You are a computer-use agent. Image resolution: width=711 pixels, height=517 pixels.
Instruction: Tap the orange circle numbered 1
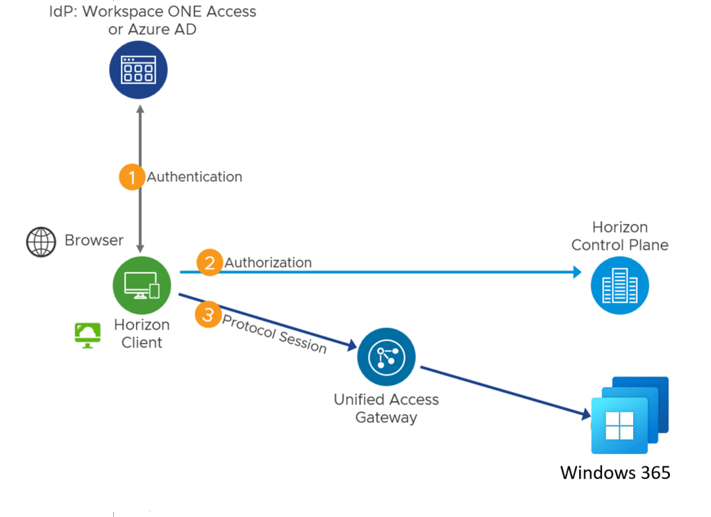click(132, 176)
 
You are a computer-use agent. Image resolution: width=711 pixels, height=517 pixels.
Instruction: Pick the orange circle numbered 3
click(208, 314)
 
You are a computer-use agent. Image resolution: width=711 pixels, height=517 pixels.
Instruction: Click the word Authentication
click(194, 177)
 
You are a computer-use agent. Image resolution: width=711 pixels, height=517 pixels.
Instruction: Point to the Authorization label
click(268, 262)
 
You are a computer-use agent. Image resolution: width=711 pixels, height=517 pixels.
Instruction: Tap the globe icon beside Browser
click(41, 242)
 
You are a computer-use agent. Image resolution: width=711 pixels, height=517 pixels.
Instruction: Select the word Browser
click(94, 241)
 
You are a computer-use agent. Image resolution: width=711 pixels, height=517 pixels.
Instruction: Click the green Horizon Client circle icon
click(142, 285)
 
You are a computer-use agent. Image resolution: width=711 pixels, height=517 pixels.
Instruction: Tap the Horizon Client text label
click(142, 334)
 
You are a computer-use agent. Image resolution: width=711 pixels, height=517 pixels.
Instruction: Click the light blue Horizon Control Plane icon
click(619, 285)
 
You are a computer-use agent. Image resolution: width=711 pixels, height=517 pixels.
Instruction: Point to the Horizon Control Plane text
click(619, 236)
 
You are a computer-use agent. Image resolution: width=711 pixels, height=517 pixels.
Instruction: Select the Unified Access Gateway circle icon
click(386, 357)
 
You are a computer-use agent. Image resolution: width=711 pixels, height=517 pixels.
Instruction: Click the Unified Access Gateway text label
click(386, 409)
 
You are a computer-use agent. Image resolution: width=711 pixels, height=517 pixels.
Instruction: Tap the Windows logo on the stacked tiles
click(619, 425)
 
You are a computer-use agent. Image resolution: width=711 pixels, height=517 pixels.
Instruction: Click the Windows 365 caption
click(615, 473)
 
